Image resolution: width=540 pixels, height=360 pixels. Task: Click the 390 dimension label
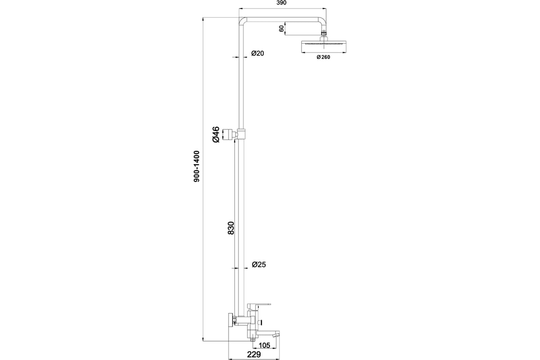click(x=281, y=3)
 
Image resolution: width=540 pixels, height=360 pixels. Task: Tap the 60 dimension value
click(x=281, y=29)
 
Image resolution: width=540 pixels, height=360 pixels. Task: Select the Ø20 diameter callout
click(x=257, y=53)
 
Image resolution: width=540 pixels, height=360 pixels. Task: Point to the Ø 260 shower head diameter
click(x=323, y=57)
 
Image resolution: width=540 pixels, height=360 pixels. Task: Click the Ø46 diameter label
click(x=216, y=134)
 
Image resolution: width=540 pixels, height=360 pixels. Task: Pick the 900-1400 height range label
click(x=197, y=166)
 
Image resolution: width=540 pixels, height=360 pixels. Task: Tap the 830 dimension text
click(x=231, y=228)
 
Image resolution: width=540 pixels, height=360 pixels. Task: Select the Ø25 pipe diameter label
click(x=259, y=265)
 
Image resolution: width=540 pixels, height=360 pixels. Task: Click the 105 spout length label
click(x=264, y=345)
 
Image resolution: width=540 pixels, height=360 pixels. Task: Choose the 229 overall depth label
click(x=254, y=354)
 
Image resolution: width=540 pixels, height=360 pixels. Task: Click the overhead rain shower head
click(x=323, y=46)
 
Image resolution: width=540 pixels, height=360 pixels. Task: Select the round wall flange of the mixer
click(x=231, y=320)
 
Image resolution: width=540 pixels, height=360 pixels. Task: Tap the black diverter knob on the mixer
click(x=261, y=322)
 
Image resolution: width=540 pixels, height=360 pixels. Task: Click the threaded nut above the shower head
click(x=323, y=32)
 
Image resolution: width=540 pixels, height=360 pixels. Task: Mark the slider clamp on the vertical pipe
click(x=241, y=134)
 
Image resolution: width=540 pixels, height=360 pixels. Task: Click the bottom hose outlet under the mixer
click(x=252, y=339)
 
